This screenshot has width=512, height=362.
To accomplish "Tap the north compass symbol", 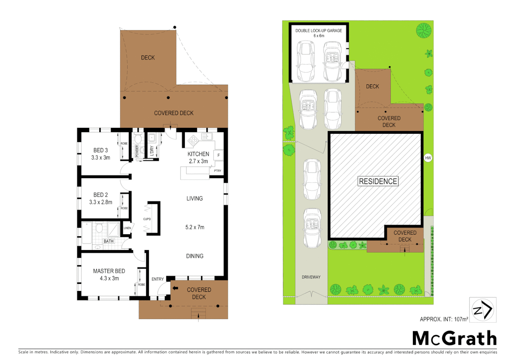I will [x=483, y=310].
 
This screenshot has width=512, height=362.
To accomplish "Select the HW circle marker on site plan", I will [x=428, y=158].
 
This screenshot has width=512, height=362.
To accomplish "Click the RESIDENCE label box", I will [x=378, y=181].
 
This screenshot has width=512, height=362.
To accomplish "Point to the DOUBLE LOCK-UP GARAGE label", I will [x=318, y=31].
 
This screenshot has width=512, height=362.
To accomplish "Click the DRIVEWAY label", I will [x=311, y=277].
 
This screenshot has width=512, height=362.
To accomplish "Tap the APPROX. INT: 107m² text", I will [x=444, y=319].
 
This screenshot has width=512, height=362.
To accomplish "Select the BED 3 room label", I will [x=101, y=150].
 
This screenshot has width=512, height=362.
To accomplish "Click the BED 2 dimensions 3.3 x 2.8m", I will [x=101, y=202].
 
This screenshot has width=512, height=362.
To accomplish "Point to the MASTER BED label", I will [x=109, y=271].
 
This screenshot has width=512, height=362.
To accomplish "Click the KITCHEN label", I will [x=198, y=154].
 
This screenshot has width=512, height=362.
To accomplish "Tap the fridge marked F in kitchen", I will [x=218, y=155].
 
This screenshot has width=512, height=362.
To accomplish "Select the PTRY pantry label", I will [x=217, y=171].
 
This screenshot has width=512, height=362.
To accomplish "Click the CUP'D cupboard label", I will [x=147, y=219].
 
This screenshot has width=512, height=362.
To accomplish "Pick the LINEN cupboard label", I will [x=127, y=228].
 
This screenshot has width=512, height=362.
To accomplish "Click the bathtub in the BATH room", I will [x=87, y=233].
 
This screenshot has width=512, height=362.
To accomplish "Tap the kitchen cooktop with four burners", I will [x=193, y=140].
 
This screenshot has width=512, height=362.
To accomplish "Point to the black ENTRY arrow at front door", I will [x=175, y=288].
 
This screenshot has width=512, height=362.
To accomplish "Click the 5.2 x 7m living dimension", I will [x=195, y=227].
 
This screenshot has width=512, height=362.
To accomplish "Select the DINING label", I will [x=195, y=256].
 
